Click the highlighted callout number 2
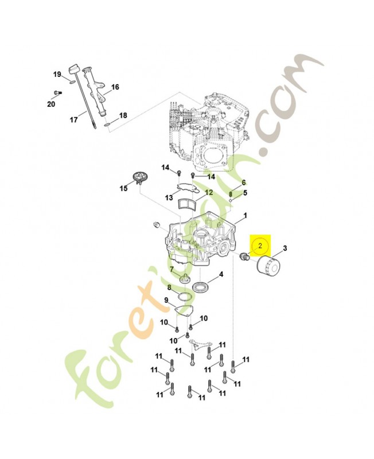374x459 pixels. tap(260, 246)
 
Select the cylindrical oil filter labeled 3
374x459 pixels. tap(268, 264)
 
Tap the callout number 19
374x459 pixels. tap(57, 75)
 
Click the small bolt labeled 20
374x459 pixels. tap(58, 93)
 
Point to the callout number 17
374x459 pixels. tap(73, 120)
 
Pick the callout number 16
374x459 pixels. tap(115, 87)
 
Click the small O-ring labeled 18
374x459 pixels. tap(107, 126)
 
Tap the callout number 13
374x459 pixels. tap(169, 198)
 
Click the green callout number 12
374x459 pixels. tap(209, 193)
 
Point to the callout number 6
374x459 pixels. tap(244, 182)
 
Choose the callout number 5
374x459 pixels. tap(246, 193)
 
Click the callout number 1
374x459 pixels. tap(246, 216)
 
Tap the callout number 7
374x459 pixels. tap(172, 269)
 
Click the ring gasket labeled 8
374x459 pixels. tap(185, 297)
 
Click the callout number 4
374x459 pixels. tap(221, 274)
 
